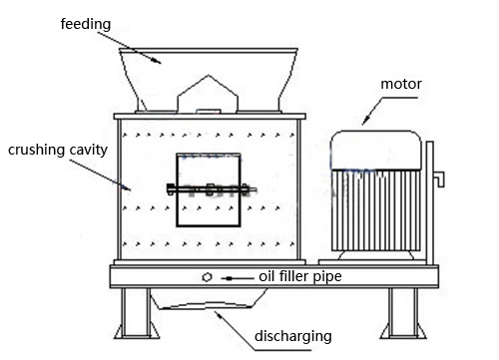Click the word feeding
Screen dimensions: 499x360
(86, 24)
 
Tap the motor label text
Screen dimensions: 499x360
(401, 84)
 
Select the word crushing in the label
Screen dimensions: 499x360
(37, 150)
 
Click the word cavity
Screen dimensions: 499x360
(88, 150)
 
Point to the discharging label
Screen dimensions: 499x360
(293, 336)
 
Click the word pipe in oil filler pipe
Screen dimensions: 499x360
(327, 276)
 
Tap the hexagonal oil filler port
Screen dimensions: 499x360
(207, 277)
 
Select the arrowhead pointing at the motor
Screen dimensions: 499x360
(366, 120)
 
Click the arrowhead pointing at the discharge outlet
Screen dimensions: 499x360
(219, 314)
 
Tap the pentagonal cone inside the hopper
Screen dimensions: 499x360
(208, 94)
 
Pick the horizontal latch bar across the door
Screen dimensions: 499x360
(212, 189)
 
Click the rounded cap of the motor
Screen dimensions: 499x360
(376, 150)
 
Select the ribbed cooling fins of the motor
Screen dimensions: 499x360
(376, 210)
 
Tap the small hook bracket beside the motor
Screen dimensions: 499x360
(438, 179)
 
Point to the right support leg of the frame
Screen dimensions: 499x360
(403, 313)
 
